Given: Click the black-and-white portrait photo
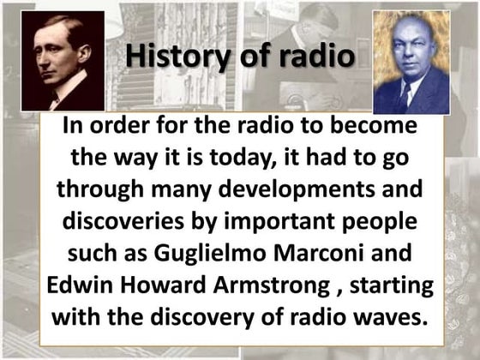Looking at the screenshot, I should [x=63, y=61].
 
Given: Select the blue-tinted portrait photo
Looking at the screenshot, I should [x=411, y=63].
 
